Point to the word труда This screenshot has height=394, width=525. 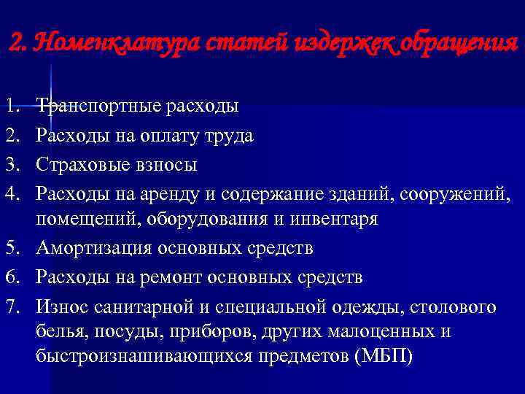point(229,136)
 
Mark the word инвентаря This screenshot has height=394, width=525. point(332,219)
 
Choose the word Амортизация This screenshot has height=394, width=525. point(93,248)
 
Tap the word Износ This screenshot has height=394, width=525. point(61,306)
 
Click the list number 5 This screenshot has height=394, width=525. point(10,248)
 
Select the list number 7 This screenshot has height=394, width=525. point(10,306)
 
